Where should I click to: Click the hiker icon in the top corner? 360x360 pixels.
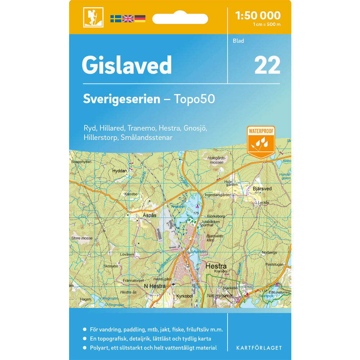point(93,17)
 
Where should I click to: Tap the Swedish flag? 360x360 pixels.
point(116,19)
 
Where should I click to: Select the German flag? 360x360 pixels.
point(140,19)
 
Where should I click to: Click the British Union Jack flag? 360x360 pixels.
point(128,19)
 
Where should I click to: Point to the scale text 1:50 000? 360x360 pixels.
point(257,15)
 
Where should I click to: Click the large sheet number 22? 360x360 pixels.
point(267,65)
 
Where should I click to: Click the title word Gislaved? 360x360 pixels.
point(127,66)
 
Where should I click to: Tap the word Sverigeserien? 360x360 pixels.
point(122,99)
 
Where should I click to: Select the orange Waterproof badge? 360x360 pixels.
point(261,141)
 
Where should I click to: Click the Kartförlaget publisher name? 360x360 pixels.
point(259,348)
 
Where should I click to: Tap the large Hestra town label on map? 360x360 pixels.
point(216,267)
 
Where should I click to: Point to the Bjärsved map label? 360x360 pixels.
point(262,189)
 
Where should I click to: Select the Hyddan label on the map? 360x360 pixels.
point(120,171)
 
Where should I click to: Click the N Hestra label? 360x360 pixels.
point(154,286)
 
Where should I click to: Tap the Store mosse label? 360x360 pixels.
point(82,238)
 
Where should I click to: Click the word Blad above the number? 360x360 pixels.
point(238,41)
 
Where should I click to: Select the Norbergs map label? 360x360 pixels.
point(269,252)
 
